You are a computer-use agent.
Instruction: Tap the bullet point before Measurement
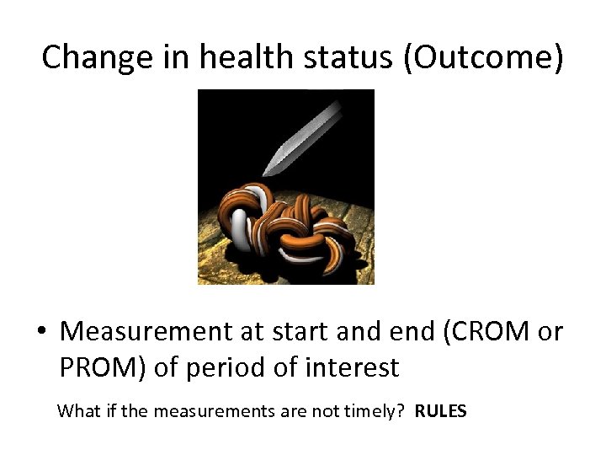coord(43,333)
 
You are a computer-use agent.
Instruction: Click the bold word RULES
coord(440,412)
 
